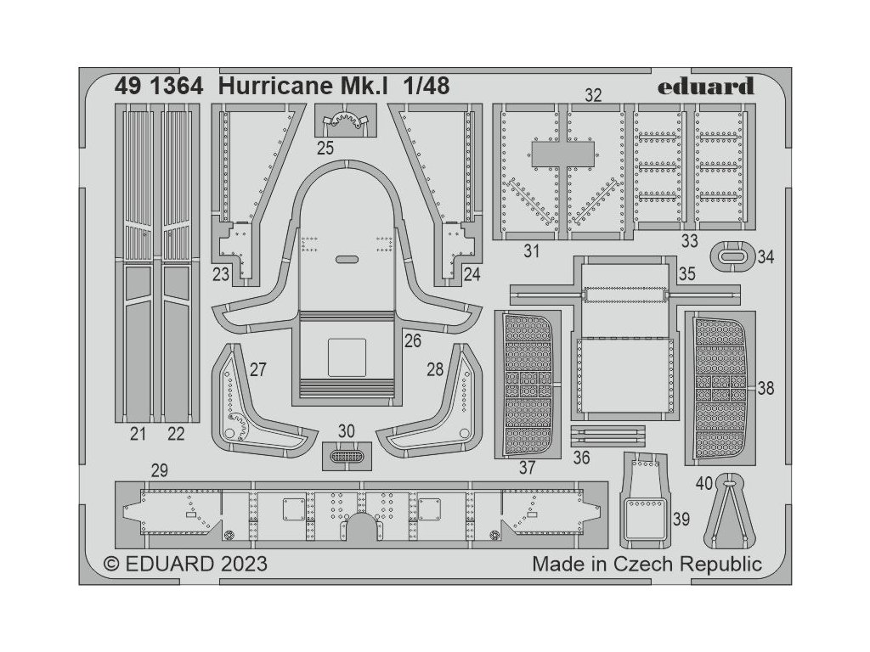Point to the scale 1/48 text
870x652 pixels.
click(x=421, y=86)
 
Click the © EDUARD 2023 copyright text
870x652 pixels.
click(x=186, y=564)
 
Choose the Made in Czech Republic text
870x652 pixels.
click(x=647, y=564)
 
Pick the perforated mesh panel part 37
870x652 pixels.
click(x=528, y=383)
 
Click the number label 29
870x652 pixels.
click(x=158, y=471)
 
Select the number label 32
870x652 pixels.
click(x=593, y=95)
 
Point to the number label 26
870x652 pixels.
click(x=413, y=341)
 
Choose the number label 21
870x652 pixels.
click(x=138, y=436)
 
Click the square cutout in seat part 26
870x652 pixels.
click(x=346, y=357)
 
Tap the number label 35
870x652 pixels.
click(x=687, y=274)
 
